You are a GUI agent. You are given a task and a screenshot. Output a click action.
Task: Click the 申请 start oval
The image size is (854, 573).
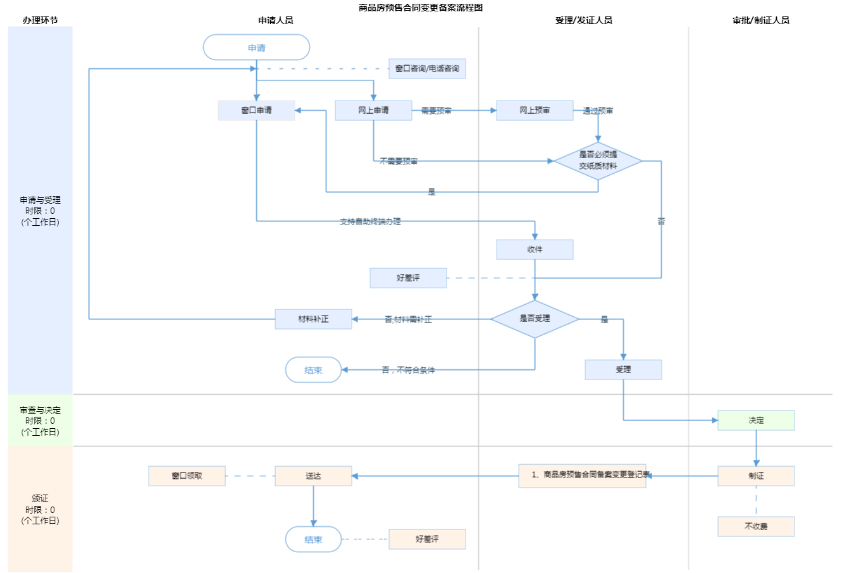[256, 47]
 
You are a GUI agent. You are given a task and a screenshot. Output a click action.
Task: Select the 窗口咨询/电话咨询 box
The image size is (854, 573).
[427, 68]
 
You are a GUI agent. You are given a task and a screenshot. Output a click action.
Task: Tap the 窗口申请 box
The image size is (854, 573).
[256, 110]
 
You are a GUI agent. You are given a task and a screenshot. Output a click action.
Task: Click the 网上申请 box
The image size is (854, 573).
[373, 110]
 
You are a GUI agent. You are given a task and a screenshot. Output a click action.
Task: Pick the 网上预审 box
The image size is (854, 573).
[535, 110]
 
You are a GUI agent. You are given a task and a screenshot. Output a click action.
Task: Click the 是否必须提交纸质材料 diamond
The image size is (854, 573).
[598, 161]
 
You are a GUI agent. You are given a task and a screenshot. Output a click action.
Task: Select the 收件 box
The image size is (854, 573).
[535, 249]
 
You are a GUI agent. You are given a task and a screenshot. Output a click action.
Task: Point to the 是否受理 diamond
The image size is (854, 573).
[535, 319]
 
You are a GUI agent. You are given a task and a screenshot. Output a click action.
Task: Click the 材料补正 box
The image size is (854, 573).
[313, 319]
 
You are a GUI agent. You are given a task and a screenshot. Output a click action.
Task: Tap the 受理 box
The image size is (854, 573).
[623, 369]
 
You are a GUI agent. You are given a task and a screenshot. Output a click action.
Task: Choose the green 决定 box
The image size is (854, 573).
[756, 420]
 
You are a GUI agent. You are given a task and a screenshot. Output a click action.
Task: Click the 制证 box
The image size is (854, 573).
[756, 476]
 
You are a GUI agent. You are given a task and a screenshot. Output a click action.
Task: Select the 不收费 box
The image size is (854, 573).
[756, 526]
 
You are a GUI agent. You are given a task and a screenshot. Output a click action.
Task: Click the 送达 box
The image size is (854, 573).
[313, 476]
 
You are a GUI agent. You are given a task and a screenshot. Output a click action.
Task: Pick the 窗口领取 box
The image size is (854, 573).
[187, 476]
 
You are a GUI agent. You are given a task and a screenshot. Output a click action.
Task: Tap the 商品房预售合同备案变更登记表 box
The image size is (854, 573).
[582, 476]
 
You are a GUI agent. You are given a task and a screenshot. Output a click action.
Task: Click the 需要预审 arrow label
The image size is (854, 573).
[436, 111]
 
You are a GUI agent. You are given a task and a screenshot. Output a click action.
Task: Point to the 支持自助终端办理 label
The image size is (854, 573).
[370, 221]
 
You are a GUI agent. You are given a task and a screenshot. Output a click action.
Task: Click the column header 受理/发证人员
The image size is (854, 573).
[583, 20]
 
